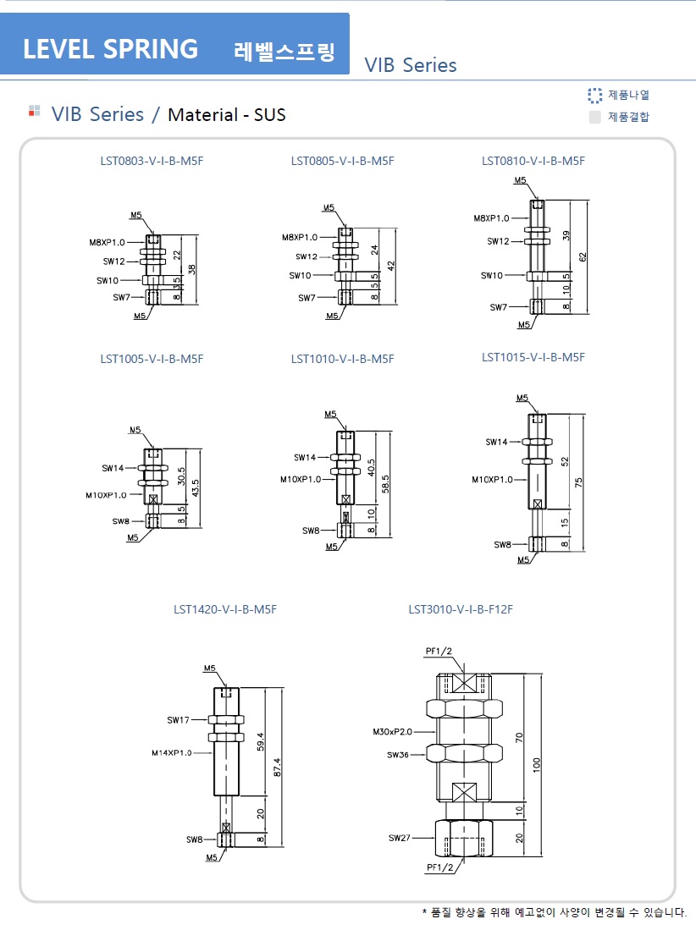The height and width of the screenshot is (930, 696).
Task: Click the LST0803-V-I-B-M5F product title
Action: coord(152,161)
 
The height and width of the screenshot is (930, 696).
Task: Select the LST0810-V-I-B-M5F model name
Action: coord(533,161)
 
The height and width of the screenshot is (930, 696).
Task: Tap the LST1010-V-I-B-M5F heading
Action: coord(342,359)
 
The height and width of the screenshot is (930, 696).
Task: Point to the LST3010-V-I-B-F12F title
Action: coord(461,608)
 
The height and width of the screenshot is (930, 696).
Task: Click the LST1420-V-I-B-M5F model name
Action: coord(225,608)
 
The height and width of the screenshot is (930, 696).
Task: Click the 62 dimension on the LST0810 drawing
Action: coord(583,256)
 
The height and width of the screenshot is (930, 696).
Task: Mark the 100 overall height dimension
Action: coord(537,764)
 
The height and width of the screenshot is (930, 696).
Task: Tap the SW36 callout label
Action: coord(398,754)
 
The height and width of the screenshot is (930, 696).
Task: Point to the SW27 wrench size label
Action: coord(399,838)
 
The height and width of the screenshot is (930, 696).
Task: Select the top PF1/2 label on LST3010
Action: coord(439,651)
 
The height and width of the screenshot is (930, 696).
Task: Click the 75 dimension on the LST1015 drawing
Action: coord(579,482)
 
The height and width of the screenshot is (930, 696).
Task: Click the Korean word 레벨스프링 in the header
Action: coord(284,51)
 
